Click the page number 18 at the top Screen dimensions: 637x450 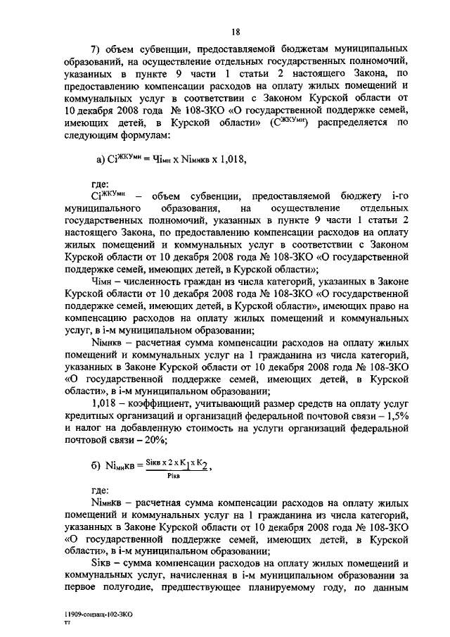pyautogui.click(x=236, y=31)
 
